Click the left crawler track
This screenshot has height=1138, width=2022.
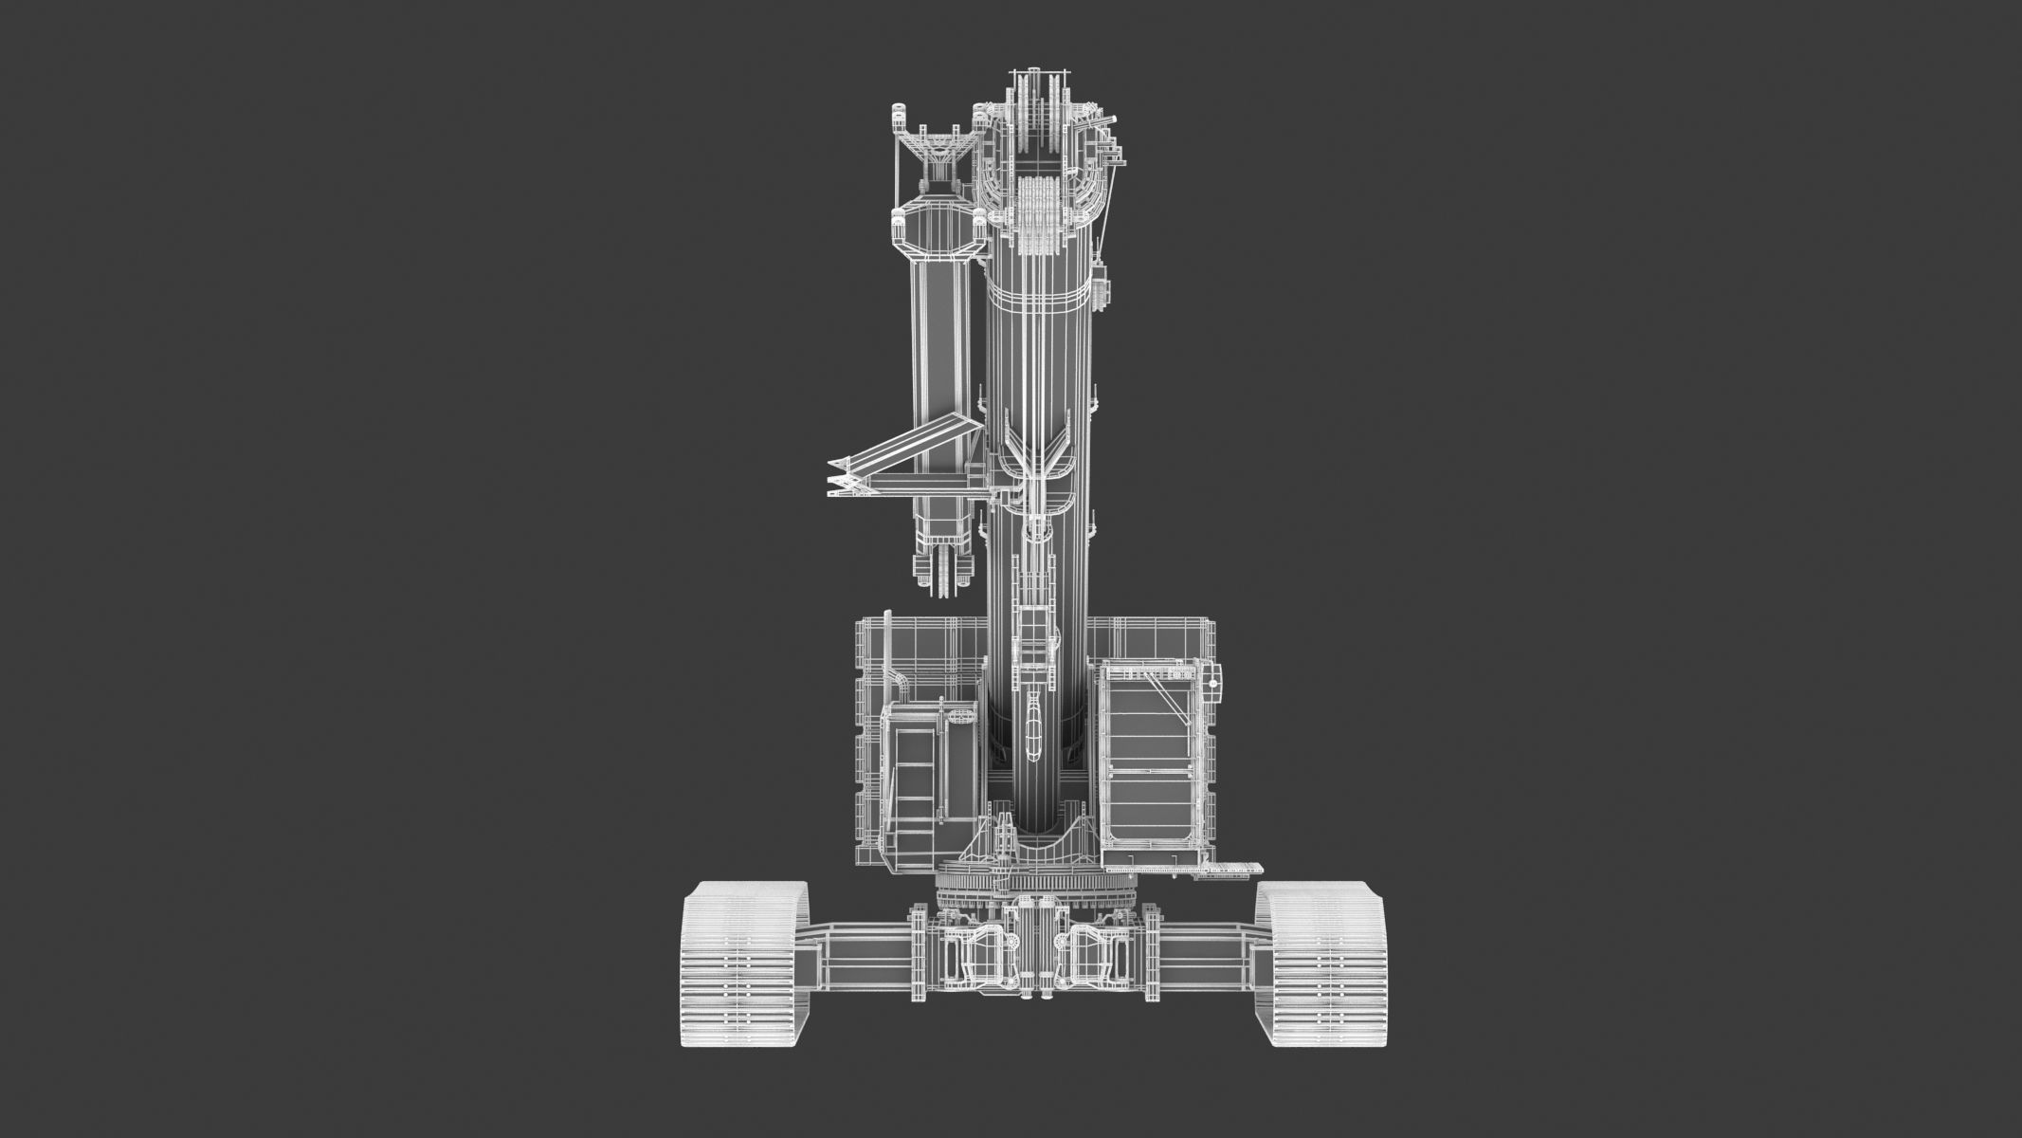tap(745, 965)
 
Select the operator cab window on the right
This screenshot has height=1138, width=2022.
tap(1150, 759)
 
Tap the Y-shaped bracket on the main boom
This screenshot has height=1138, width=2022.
tap(1041, 465)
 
